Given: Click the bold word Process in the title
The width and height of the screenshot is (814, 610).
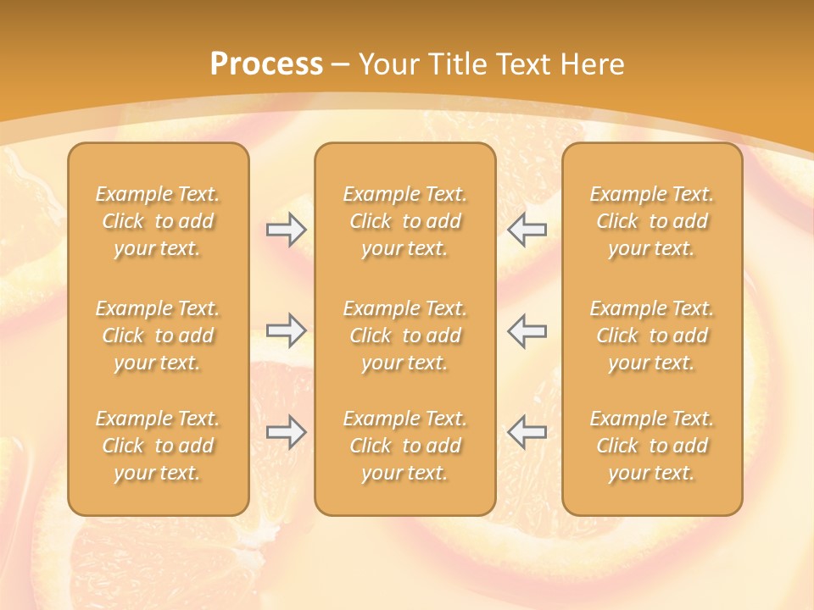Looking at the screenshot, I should pos(266,64).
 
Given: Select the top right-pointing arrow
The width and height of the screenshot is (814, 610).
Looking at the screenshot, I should pos(286,230).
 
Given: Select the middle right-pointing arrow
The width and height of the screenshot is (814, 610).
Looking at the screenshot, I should pos(286,330).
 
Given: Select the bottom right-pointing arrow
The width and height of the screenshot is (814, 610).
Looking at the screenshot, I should pos(286,432).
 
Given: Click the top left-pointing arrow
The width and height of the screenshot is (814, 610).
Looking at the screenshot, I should pos(527,229).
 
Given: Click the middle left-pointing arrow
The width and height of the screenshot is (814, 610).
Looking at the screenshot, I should pos(527,330).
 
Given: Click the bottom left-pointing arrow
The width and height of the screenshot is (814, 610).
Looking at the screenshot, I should pos(527,432).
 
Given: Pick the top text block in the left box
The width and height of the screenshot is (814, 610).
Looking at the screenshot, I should pos(158,221).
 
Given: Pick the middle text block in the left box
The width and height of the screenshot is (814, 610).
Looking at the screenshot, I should pos(158,335).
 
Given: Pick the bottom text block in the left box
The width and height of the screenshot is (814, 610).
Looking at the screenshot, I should pos(158,446).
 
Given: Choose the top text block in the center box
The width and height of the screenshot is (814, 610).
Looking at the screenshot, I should pos(404,221).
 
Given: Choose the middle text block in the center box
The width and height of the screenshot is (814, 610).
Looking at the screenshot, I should pos(404,335).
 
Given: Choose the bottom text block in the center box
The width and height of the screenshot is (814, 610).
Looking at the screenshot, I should pos(404,446).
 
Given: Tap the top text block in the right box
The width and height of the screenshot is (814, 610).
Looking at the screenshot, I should pos(652,221).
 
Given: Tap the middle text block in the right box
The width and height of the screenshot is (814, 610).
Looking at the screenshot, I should pos(652,335).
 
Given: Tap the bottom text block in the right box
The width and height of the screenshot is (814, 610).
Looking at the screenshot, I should pos(652,446).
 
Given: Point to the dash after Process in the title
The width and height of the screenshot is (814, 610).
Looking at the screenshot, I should pos(341,65).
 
